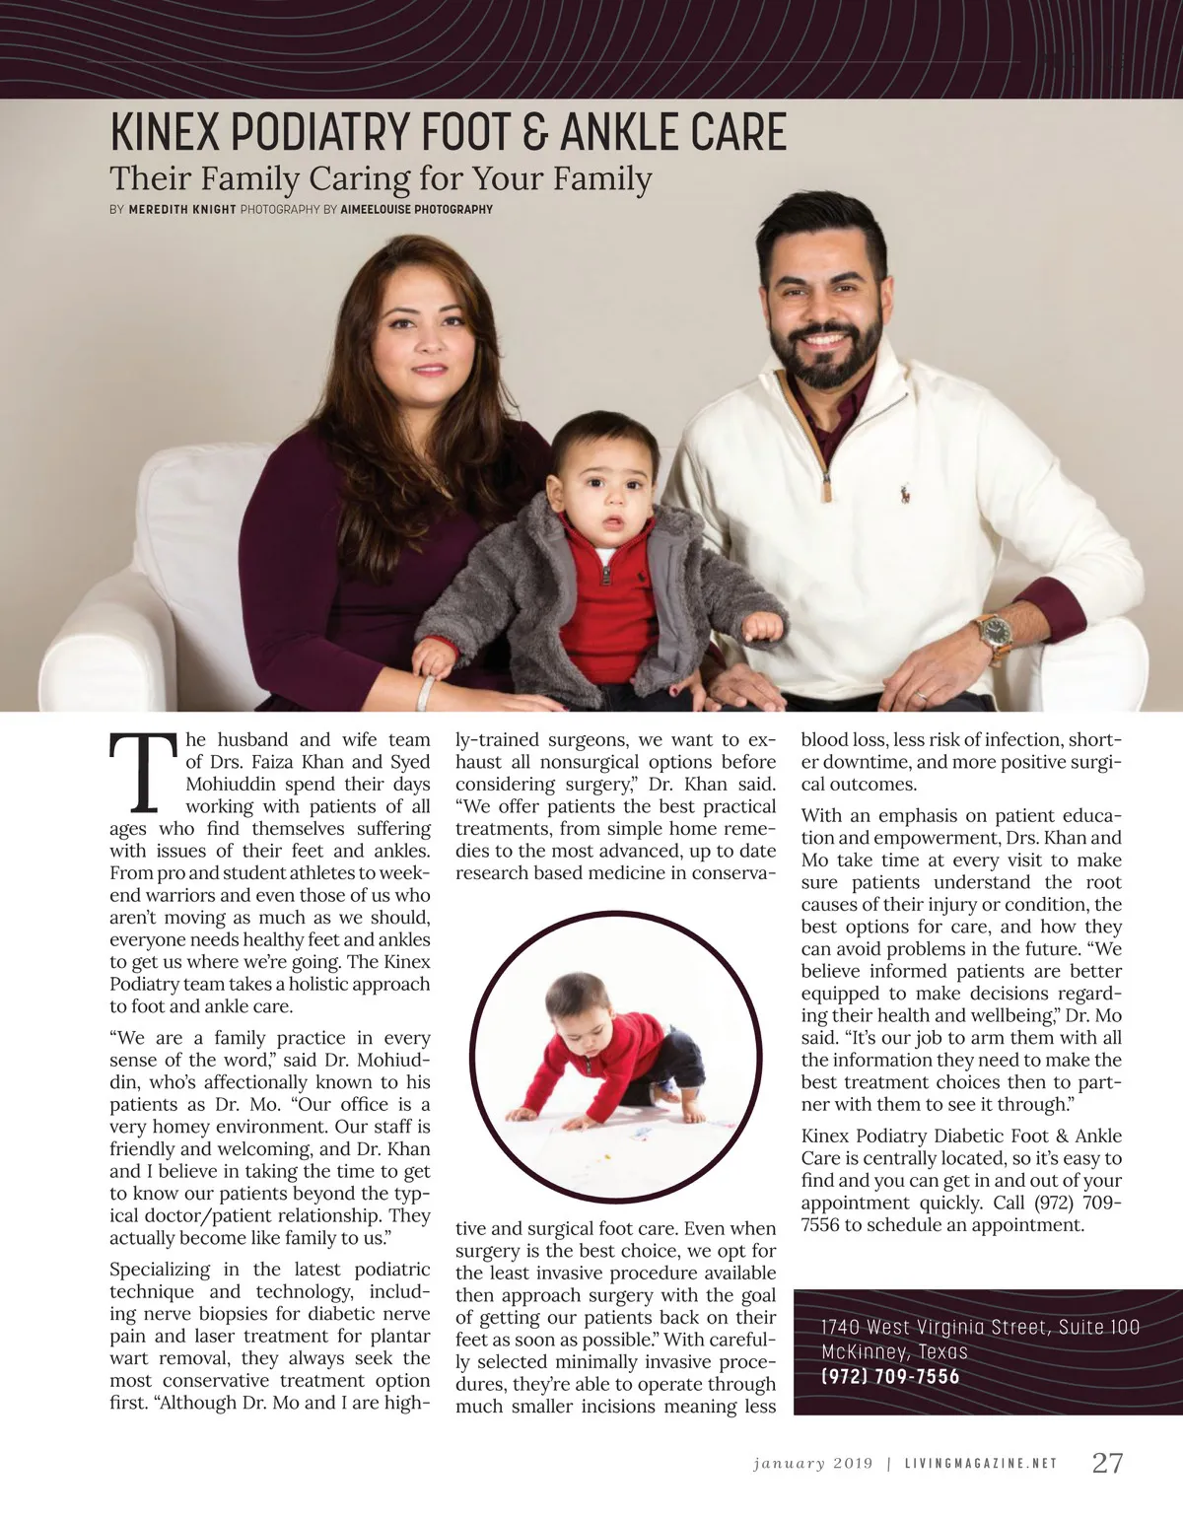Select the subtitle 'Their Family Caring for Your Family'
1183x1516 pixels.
click(x=381, y=179)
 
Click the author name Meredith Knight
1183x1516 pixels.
click(x=182, y=209)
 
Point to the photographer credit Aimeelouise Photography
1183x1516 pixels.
click(x=416, y=209)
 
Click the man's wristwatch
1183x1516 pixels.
click(x=992, y=630)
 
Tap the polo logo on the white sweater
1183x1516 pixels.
click(x=903, y=493)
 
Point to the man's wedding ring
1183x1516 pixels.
click(x=921, y=695)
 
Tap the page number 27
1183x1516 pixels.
click(x=1107, y=1463)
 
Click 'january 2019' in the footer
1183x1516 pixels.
click(x=813, y=1464)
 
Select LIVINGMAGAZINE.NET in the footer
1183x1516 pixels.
click(x=980, y=1464)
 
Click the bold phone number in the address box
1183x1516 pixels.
click(x=889, y=1377)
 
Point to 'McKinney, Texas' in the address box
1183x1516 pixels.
click(x=894, y=1351)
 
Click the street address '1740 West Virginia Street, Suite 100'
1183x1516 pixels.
click(x=980, y=1327)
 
